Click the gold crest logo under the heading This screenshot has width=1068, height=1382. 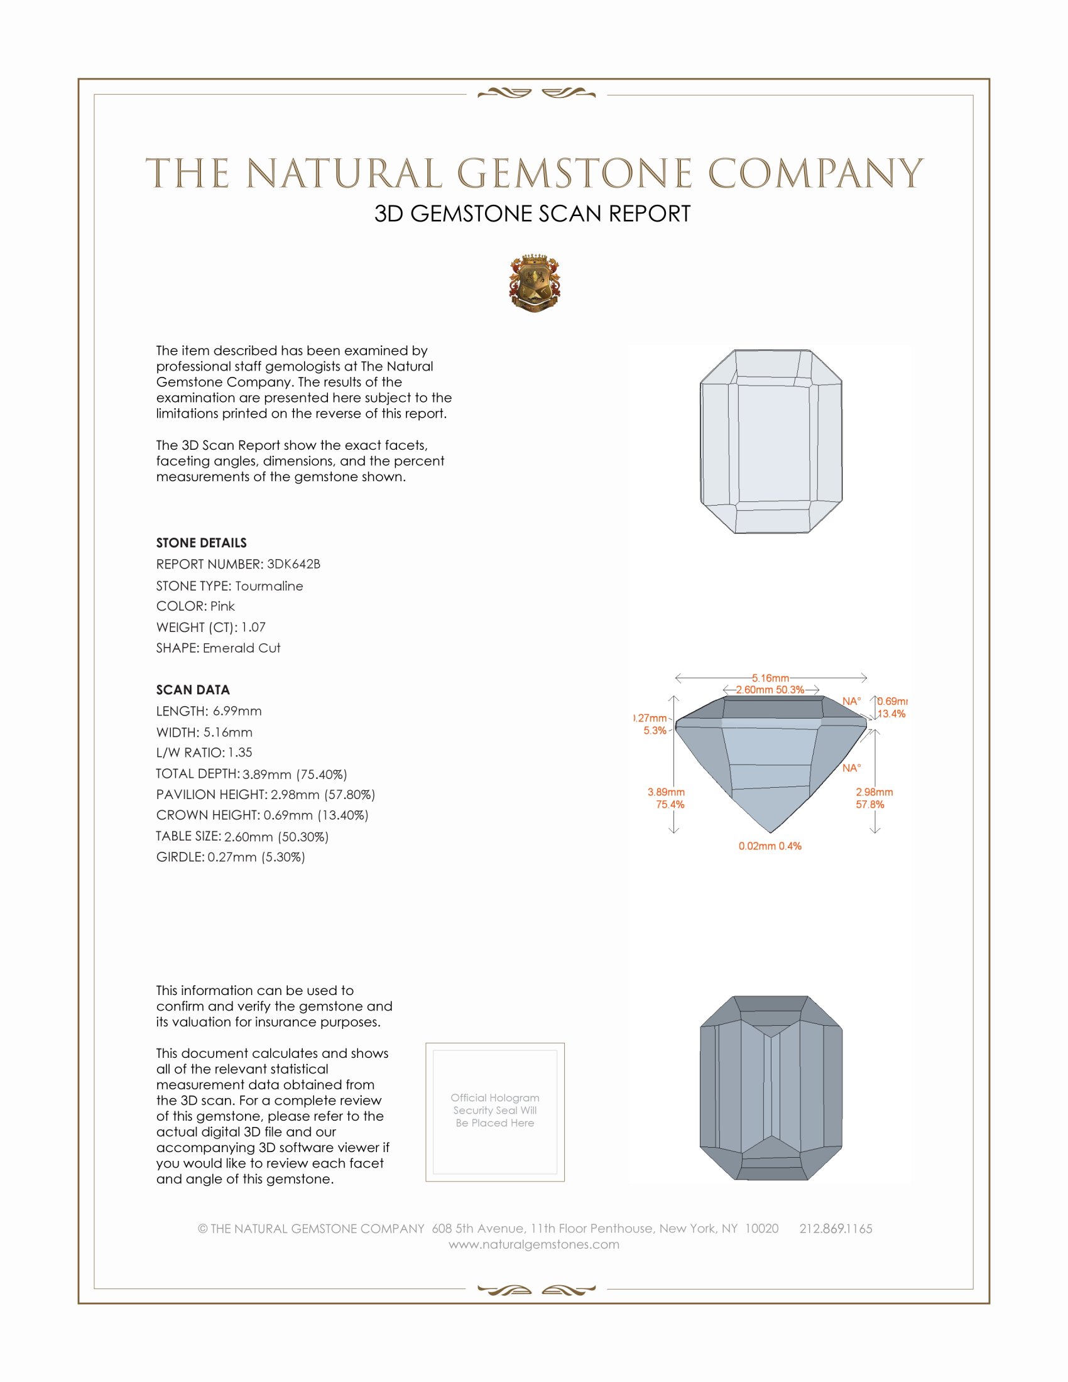(535, 283)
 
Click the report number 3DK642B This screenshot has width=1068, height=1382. (293, 564)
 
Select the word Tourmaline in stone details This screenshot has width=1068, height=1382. (269, 586)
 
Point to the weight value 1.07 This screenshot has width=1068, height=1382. (253, 627)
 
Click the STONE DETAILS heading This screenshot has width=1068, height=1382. (201, 543)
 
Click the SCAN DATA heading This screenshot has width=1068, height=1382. (193, 690)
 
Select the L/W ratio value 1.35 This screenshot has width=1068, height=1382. (240, 753)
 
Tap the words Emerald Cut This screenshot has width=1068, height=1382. (241, 648)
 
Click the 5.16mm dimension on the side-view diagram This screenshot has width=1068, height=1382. (770, 678)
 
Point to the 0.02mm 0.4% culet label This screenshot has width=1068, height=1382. (770, 846)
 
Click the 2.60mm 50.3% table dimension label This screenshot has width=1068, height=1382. (770, 690)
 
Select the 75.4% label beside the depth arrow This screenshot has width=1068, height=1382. (670, 804)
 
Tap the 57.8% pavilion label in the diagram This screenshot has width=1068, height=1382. (870, 804)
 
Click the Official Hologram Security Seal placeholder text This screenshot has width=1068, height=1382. (495, 1110)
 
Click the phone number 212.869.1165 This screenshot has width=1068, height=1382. (835, 1229)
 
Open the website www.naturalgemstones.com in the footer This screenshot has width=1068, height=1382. (534, 1244)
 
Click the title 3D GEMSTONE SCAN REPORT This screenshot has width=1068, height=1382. (532, 214)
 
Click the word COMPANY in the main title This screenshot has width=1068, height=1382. (815, 174)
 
